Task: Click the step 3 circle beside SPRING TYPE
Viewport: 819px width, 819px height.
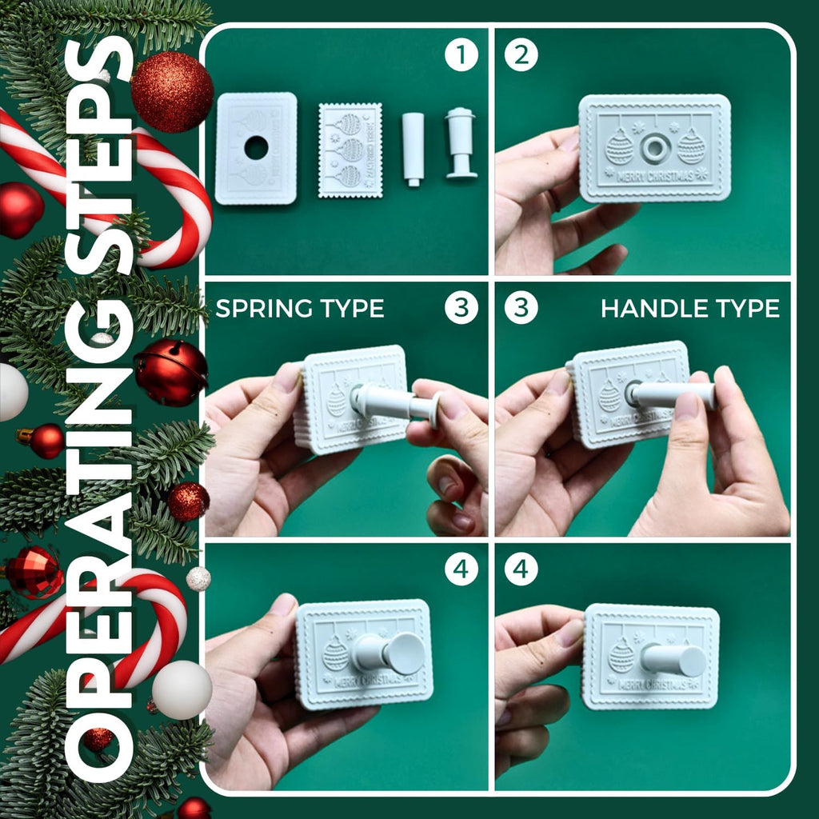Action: click(461, 309)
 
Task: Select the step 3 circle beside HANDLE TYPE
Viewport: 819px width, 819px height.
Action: click(521, 309)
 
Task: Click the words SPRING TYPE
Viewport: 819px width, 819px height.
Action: click(299, 309)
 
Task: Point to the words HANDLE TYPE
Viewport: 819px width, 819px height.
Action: click(689, 309)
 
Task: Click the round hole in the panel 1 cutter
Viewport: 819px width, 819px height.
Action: click(256, 147)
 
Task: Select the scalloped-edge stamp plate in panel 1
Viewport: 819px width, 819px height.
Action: click(350, 150)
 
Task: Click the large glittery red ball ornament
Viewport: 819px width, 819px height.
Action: click(172, 91)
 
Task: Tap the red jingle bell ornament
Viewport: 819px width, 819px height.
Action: click(170, 371)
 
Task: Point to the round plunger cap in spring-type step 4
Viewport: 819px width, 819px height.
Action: click(406, 653)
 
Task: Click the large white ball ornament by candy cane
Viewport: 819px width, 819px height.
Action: click(182, 689)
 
